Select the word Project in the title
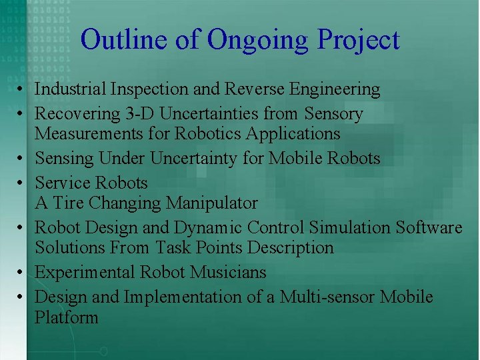(358, 39)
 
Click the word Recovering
(77, 114)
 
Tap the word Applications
(293, 133)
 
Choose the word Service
(63, 183)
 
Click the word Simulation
(351, 227)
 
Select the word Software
(429, 227)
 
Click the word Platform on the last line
(66, 317)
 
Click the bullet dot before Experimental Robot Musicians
(22, 273)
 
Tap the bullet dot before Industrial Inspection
(22, 89)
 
